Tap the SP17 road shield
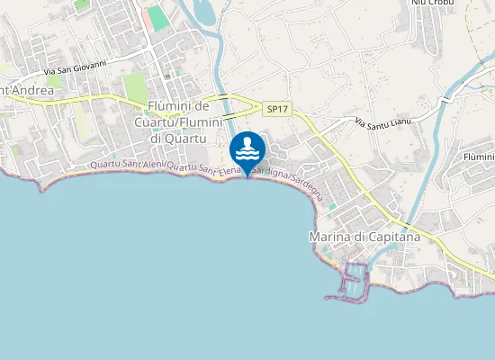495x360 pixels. click(x=276, y=109)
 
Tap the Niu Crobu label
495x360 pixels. click(x=433, y=3)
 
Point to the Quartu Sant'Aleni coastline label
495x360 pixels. click(x=126, y=166)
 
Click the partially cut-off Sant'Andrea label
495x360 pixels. click(x=27, y=91)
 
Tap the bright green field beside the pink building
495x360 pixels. click(x=158, y=17)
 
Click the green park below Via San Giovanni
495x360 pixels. click(x=135, y=87)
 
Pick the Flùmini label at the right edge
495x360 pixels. click(x=478, y=157)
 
